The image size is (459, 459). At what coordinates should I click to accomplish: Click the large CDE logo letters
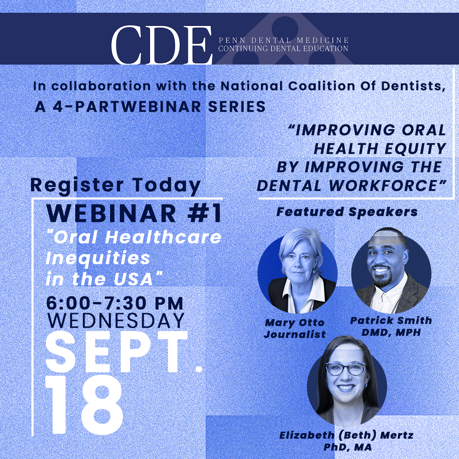pyautogui.click(x=161, y=45)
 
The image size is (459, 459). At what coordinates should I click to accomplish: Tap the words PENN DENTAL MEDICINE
pyautogui.click(x=283, y=40)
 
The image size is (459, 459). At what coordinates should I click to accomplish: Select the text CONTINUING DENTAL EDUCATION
pyautogui.click(x=283, y=48)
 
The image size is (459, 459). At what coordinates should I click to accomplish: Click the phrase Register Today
pyautogui.click(x=116, y=185)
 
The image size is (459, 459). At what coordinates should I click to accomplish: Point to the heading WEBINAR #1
pyautogui.click(x=134, y=214)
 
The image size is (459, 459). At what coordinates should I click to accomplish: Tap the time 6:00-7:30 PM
pyautogui.click(x=115, y=303)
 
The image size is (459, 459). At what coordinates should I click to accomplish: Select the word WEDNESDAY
pyautogui.click(x=115, y=320)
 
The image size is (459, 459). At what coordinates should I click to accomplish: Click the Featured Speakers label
pyautogui.click(x=347, y=212)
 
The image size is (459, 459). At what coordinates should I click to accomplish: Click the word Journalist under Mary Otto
pyautogui.click(x=295, y=334)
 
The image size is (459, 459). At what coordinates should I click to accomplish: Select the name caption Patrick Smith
pyautogui.click(x=391, y=320)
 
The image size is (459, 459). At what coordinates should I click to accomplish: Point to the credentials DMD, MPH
pyautogui.click(x=391, y=332)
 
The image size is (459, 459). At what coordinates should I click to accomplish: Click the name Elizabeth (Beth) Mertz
pyautogui.click(x=346, y=435)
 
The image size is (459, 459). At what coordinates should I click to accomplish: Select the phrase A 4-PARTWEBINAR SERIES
pyautogui.click(x=150, y=107)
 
